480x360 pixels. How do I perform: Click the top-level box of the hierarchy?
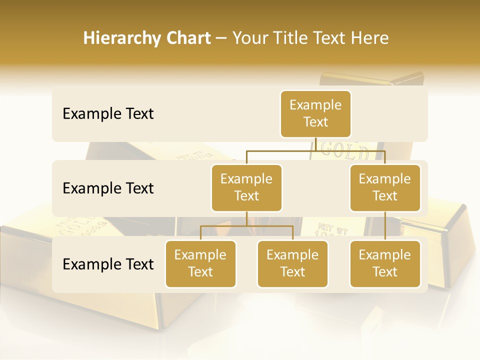pyautogui.click(x=315, y=114)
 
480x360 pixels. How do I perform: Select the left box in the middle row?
pyautogui.click(x=246, y=188)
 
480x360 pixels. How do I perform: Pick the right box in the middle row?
pyautogui.click(x=385, y=188)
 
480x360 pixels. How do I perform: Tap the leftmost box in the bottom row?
pyautogui.click(x=200, y=264)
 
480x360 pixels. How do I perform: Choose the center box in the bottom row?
pyautogui.click(x=292, y=264)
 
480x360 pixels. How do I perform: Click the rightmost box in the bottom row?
pyautogui.click(x=385, y=264)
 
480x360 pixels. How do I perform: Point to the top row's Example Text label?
pyautogui.click(x=108, y=114)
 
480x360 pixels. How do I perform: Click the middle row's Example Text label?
pyautogui.click(x=108, y=188)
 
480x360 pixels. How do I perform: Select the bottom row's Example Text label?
pyautogui.click(x=108, y=264)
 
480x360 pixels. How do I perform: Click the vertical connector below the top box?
pyautogui.click(x=315, y=144)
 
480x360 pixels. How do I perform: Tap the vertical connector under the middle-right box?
pyautogui.click(x=385, y=226)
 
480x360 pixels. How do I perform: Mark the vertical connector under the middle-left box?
pyautogui.click(x=246, y=219)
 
